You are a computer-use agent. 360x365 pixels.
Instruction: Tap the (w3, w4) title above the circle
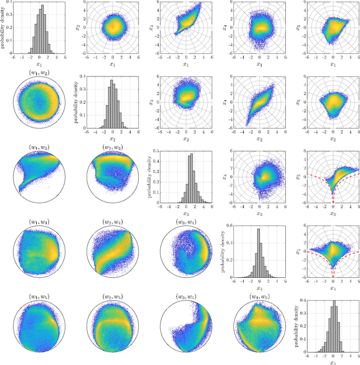183,222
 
